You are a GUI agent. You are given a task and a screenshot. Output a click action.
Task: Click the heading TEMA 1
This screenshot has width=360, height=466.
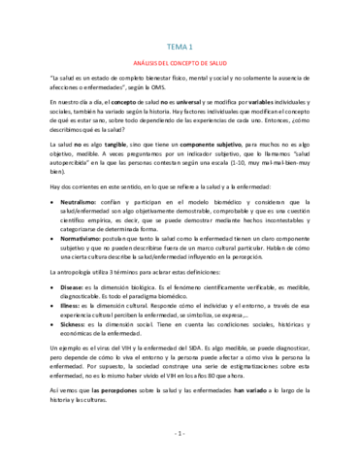(180, 46)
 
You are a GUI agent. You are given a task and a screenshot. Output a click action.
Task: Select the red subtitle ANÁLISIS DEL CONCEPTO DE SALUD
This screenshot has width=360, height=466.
(180, 60)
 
